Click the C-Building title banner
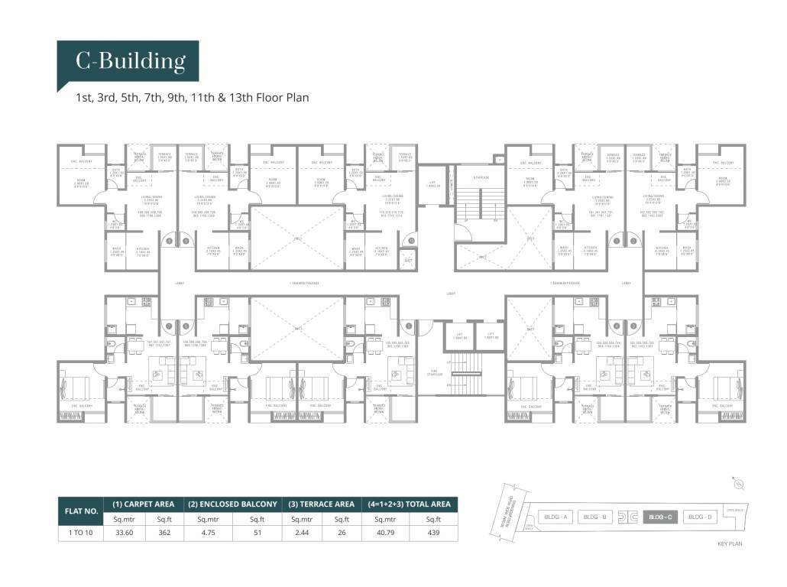pyautogui.click(x=129, y=60)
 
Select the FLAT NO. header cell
pyautogui.click(x=80, y=511)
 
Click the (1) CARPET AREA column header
pyautogui.click(x=144, y=504)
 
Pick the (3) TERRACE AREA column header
pyautogui.click(x=321, y=504)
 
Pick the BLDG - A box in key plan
pyautogui.click(x=555, y=517)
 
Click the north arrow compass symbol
pyautogui.click(x=738, y=484)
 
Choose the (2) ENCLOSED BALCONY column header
pyautogui.click(x=232, y=504)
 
